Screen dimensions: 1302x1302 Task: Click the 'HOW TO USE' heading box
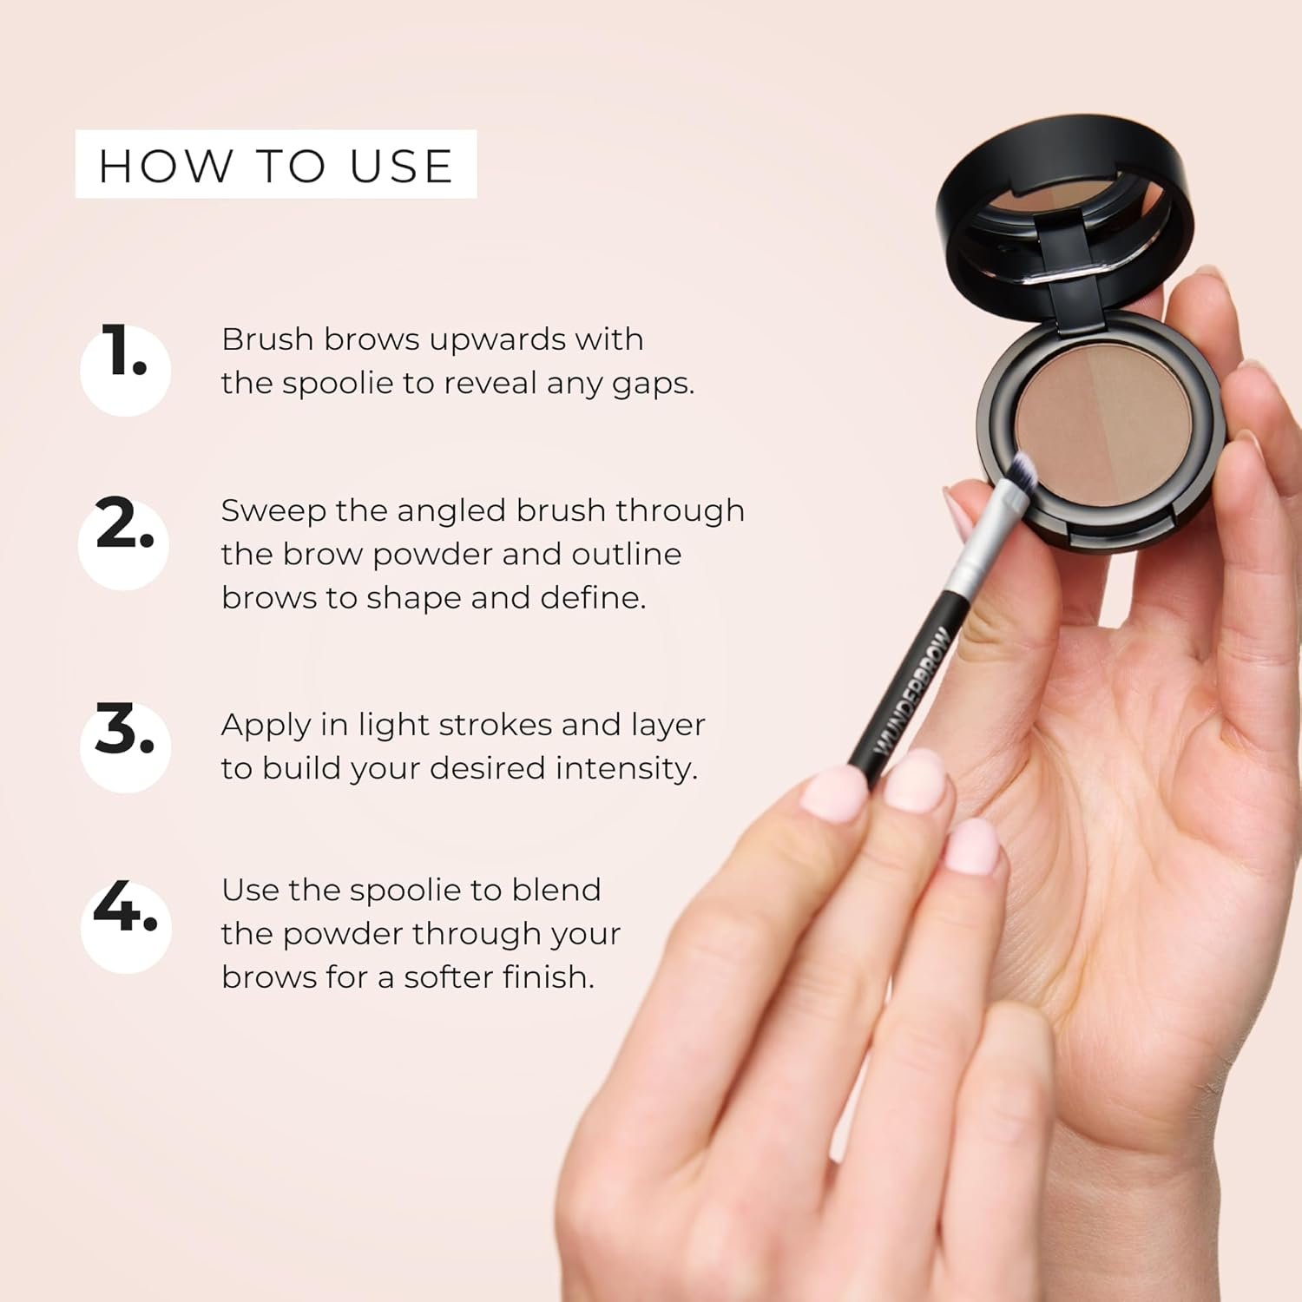click(x=276, y=164)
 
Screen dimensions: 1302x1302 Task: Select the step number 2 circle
click(x=124, y=544)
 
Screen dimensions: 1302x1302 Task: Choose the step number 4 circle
click(x=126, y=926)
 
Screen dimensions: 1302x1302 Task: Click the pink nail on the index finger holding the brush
click(x=835, y=794)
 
